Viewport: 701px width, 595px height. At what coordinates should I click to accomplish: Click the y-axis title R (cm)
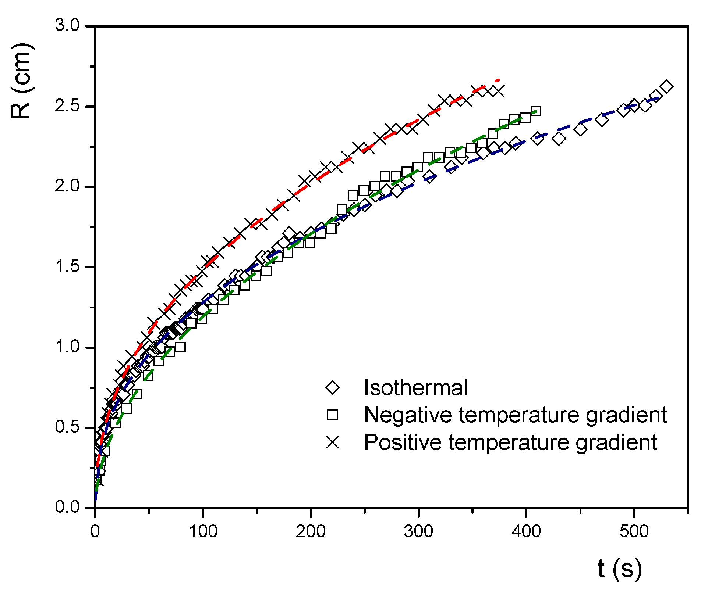pos(22,81)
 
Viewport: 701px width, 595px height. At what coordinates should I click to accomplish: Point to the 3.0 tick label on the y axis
pos(67,26)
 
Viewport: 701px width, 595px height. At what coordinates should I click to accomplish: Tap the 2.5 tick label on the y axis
pos(67,106)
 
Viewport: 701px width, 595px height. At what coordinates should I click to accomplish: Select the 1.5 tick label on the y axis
pos(67,267)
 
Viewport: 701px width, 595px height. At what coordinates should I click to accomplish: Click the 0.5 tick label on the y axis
pos(67,427)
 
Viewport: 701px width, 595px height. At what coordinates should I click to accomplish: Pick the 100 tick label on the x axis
pos(203,531)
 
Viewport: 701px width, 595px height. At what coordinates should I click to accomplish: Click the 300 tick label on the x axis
pos(418,531)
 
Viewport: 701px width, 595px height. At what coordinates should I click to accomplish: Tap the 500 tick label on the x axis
pos(634,531)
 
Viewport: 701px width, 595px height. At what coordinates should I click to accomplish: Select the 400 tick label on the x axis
pos(526,531)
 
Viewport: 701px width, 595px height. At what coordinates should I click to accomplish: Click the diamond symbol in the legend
pos(333,388)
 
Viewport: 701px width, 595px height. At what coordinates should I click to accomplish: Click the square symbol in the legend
pos(333,415)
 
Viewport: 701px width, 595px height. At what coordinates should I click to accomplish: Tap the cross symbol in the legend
pos(333,442)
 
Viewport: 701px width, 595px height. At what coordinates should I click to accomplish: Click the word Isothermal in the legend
pos(415,388)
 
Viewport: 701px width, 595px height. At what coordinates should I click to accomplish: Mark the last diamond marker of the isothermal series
pos(666,87)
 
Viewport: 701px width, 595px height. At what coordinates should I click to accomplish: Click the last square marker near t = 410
pos(536,111)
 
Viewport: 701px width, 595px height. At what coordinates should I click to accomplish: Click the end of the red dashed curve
pos(499,80)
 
